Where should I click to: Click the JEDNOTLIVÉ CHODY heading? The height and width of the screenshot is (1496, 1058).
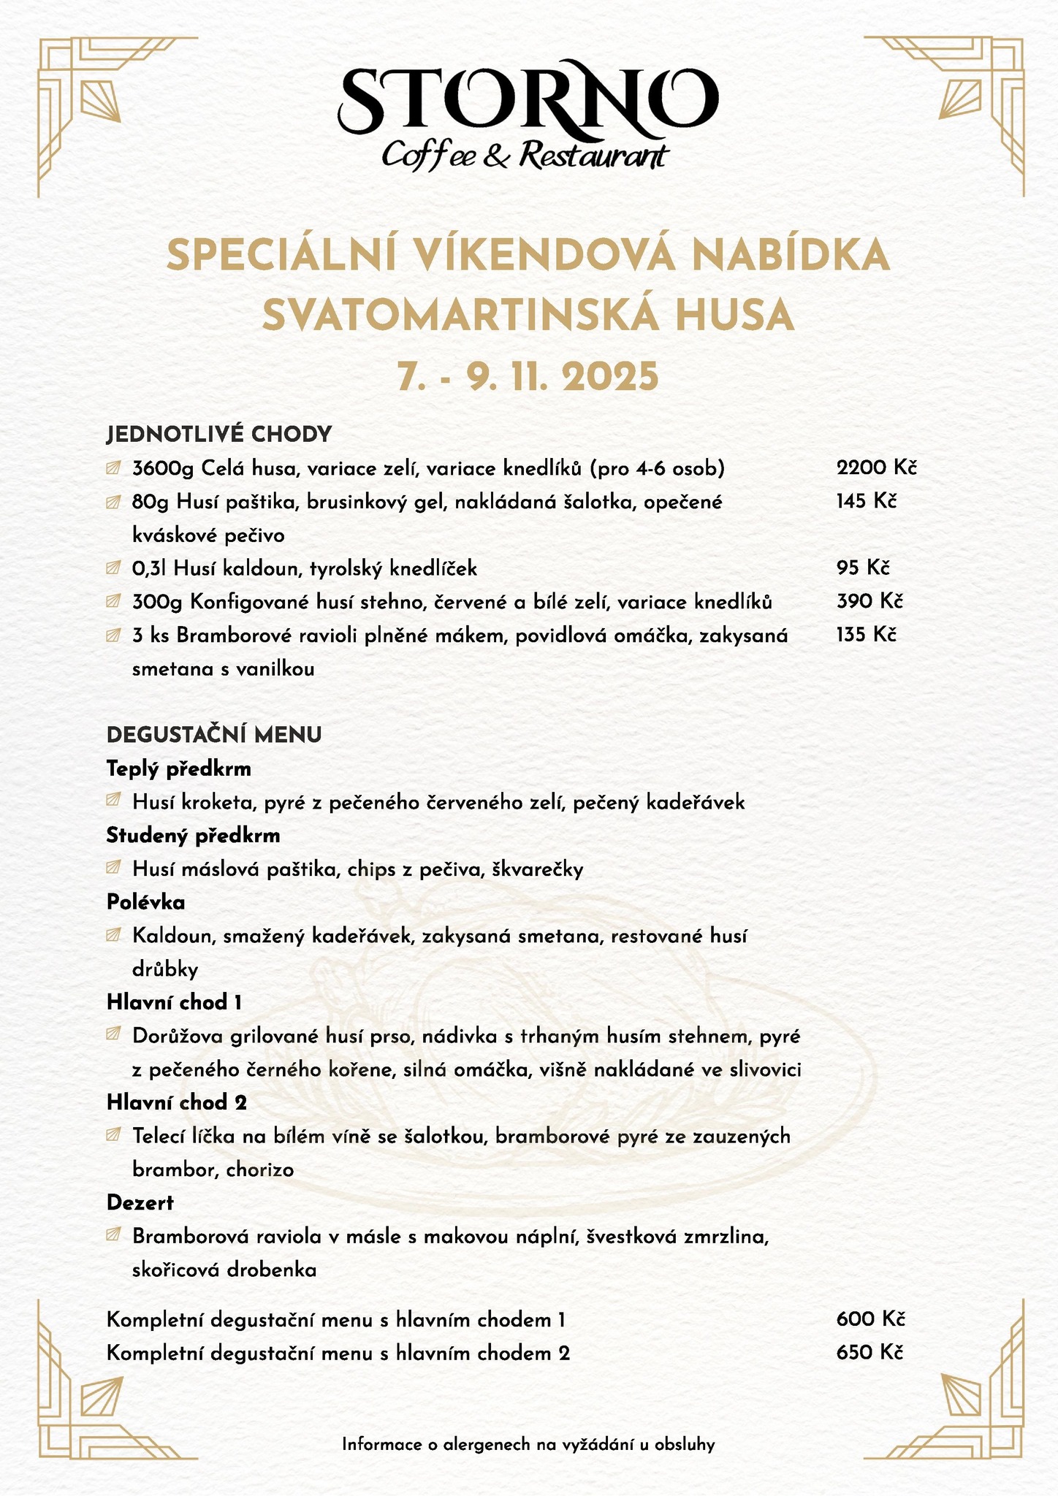[x=219, y=435]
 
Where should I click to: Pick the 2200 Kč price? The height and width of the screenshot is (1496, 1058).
[x=875, y=467]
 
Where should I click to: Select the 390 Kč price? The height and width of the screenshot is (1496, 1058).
[x=869, y=601]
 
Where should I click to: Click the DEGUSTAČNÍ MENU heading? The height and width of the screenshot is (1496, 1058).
[x=214, y=735]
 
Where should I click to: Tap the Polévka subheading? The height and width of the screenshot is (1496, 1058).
[x=146, y=903]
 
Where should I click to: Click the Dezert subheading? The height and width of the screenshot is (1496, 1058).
[x=140, y=1202]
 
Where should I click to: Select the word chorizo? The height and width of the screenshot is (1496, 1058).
[x=260, y=1170]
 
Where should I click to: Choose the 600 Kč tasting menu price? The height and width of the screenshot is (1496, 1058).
[x=870, y=1319]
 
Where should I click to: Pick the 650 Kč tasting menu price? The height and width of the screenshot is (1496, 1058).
[x=870, y=1353]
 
